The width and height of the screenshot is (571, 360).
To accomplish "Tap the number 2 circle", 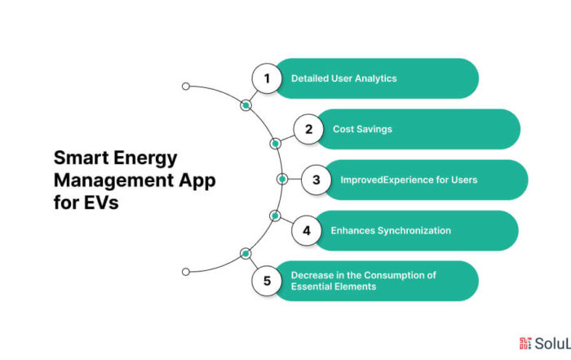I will (x=308, y=129).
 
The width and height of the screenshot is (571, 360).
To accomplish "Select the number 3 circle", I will (x=316, y=180).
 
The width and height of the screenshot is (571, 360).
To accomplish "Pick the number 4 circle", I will (x=307, y=231).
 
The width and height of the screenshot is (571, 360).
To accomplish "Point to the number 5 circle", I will (x=266, y=282).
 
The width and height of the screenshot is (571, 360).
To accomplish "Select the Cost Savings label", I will (x=363, y=129).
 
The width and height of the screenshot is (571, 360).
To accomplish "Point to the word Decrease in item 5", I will (x=313, y=275).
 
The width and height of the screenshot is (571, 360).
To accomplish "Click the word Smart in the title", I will (x=80, y=157).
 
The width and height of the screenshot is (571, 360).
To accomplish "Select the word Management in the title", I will (x=111, y=180).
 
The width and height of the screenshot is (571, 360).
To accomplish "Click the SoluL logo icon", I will (x=525, y=344).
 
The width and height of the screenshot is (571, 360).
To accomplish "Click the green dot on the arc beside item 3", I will (x=281, y=179).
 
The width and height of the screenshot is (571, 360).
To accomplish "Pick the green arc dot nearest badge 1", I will (x=246, y=105).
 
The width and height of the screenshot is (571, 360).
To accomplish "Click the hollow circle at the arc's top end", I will (x=186, y=86).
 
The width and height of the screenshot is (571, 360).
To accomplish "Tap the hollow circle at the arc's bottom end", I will (x=186, y=271).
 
